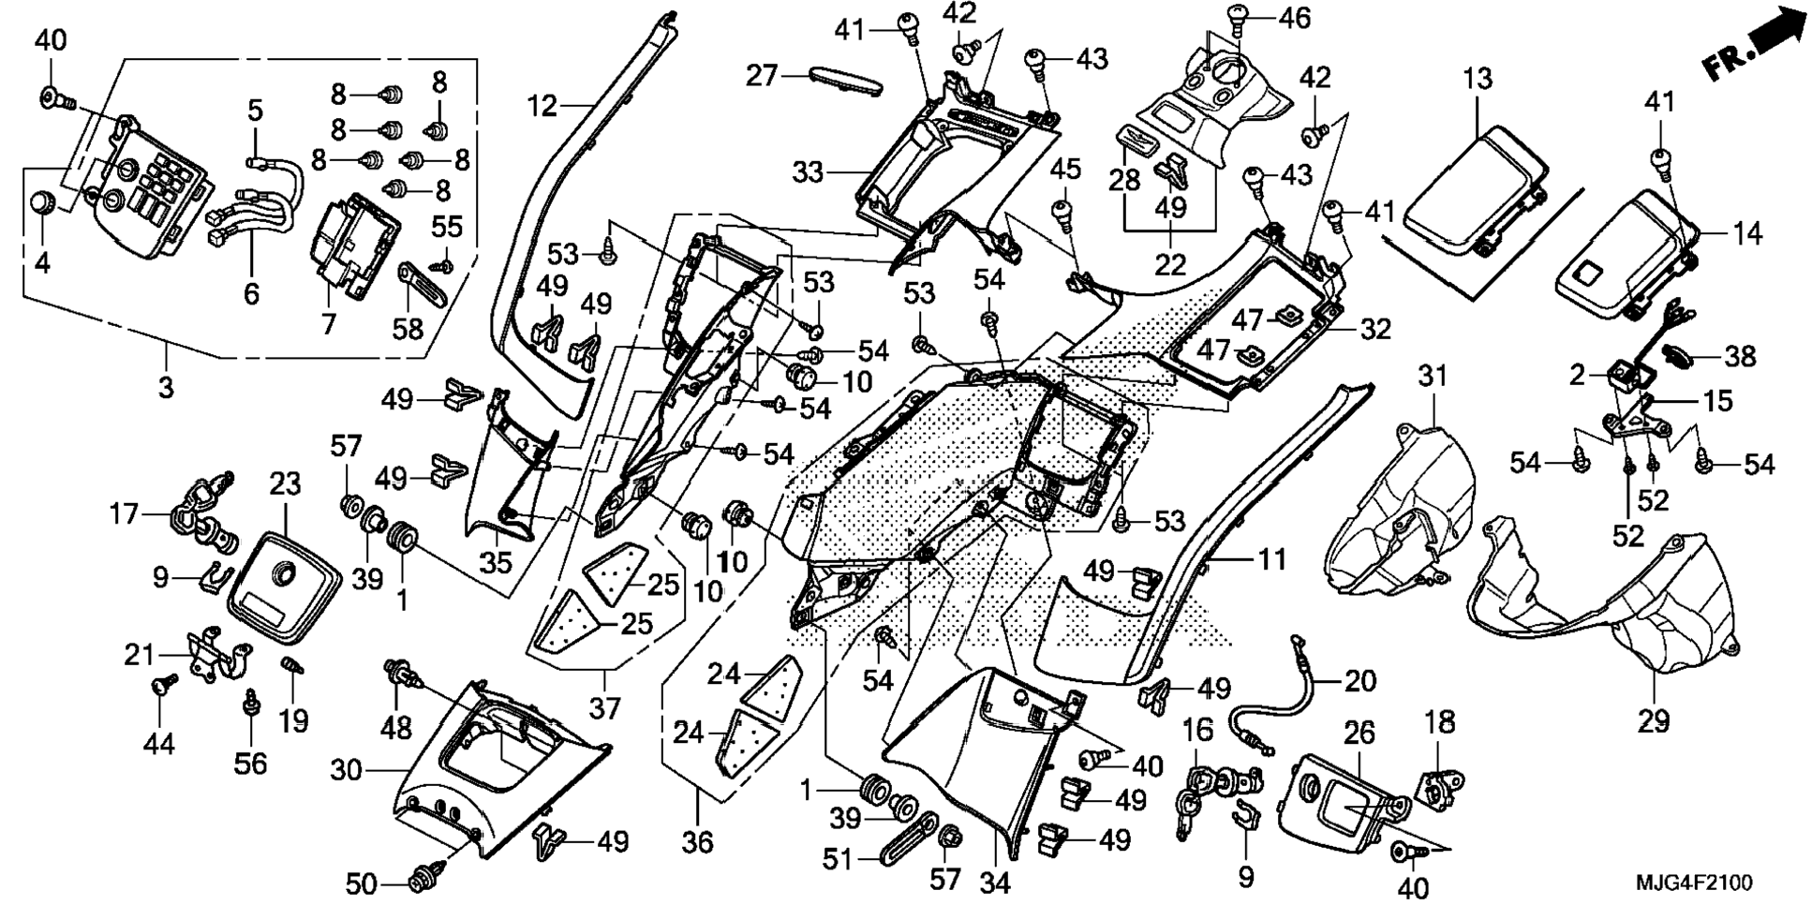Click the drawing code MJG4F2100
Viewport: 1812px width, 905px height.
click(x=1694, y=883)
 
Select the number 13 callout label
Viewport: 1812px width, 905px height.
click(x=1477, y=80)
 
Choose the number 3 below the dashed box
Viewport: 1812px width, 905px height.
click(x=166, y=386)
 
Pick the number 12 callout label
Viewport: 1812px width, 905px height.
click(x=542, y=106)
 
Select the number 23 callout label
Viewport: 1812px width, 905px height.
click(x=285, y=484)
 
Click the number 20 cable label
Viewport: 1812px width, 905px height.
click(x=1359, y=680)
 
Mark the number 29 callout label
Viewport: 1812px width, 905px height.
click(x=1654, y=720)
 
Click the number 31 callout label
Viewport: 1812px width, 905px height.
click(x=1433, y=376)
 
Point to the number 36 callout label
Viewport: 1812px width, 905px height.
click(x=697, y=842)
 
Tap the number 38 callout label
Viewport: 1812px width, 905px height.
click(x=1740, y=356)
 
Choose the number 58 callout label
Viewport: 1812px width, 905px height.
click(x=408, y=329)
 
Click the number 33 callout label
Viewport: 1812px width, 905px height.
click(x=809, y=172)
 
